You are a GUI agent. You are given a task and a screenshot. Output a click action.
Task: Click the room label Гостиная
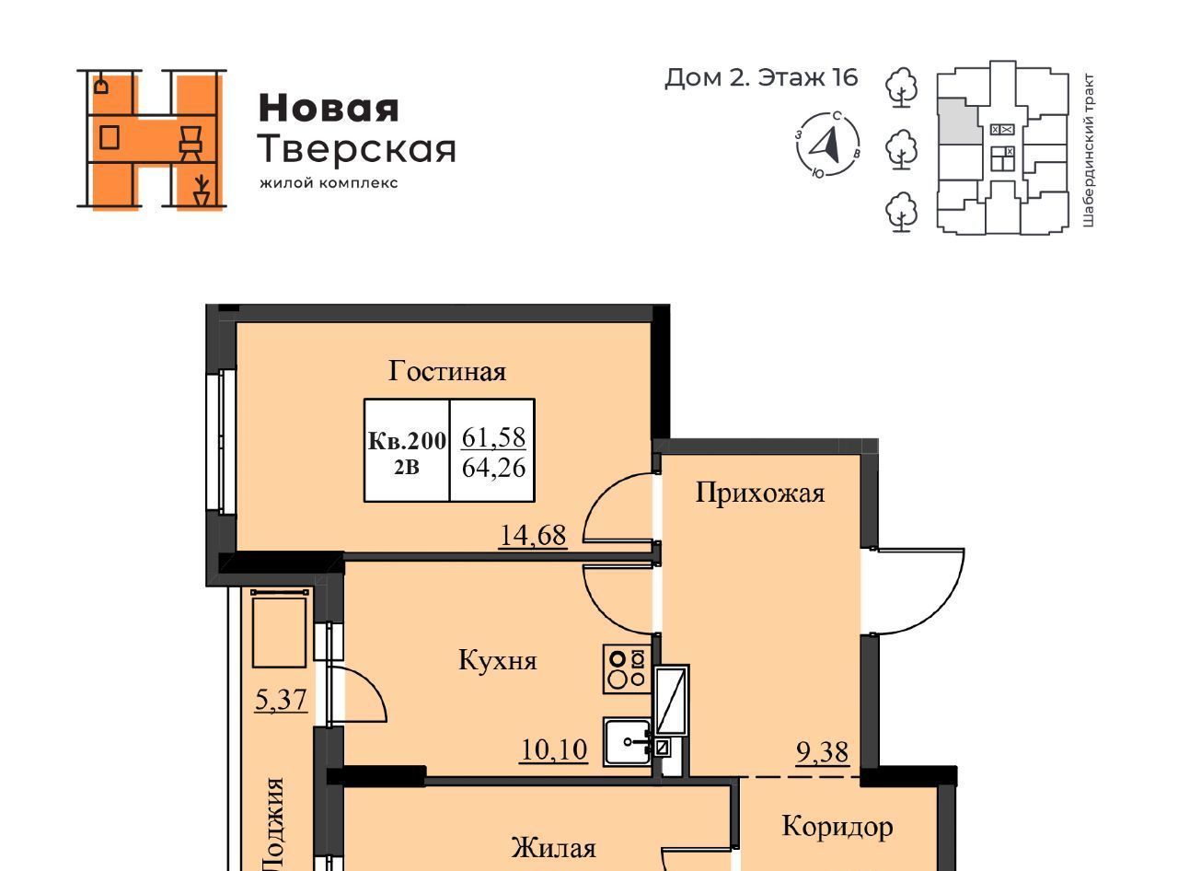click(447, 371)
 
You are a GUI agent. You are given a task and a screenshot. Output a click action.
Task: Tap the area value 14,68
click(533, 535)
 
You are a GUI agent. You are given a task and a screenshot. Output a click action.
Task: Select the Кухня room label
click(498, 660)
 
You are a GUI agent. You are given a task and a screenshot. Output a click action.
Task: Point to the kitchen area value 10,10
click(554, 749)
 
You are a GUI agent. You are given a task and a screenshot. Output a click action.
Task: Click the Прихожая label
click(760, 493)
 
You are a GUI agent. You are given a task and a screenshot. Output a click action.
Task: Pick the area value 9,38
click(822, 751)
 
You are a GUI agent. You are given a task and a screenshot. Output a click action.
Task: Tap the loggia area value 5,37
click(281, 700)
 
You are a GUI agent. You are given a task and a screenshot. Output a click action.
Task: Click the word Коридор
click(837, 827)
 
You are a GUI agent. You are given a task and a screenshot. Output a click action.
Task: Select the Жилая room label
click(553, 848)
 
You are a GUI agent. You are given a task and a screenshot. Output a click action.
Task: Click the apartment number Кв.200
click(407, 441)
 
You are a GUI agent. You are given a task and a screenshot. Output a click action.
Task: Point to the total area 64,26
click(493, 468)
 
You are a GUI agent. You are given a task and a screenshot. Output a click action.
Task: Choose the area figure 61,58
click(493, 437)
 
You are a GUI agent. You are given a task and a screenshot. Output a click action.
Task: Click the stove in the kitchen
click(627, 669)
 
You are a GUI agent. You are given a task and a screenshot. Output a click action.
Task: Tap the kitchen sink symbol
click(628, 742)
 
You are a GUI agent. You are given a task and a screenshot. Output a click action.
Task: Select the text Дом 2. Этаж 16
click(761, 77)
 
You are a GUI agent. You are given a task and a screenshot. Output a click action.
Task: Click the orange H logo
click(152, 139)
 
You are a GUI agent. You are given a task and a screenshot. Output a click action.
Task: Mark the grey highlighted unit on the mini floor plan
click(959, 121)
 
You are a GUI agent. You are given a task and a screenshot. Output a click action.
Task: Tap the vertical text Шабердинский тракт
click(1088, 151)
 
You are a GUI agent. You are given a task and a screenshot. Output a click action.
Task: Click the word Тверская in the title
click(357, 149)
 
